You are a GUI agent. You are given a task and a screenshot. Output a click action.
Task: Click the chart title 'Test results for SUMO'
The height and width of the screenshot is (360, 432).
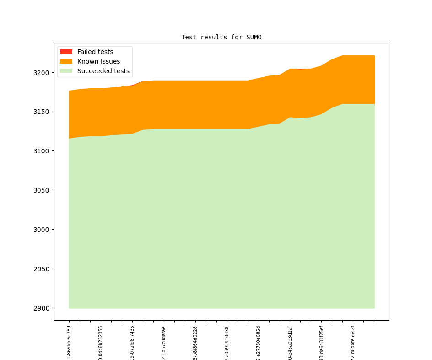[x=221, y=37]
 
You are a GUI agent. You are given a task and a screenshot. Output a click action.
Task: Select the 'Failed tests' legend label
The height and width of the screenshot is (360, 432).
[x=95, y=52]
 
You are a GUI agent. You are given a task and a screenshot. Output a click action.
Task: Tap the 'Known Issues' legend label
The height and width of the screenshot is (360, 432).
[x=98, y=62]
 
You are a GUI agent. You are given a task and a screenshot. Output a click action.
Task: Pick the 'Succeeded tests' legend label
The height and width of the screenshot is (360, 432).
[x=103, y=71]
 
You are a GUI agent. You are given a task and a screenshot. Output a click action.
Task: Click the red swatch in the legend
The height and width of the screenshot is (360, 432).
[x=66, y=52]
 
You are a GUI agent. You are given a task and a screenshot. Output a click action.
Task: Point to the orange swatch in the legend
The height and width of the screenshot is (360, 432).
[x=66, y=62]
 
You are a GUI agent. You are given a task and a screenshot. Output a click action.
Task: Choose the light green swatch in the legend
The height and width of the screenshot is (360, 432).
[x=66, y=71]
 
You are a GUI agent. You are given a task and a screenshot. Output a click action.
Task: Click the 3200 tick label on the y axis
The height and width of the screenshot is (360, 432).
[x=42, y=73]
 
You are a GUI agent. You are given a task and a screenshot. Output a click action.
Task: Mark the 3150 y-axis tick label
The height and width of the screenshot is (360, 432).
[x=42, y=112]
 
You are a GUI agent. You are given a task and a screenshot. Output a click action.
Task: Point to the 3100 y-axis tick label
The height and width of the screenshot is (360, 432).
[x=42, y=151]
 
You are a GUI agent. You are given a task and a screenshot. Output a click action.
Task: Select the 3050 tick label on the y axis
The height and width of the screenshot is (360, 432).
[x=42, y=191]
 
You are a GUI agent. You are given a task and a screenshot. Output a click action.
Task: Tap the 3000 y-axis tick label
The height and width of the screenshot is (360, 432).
[x=42, y=230]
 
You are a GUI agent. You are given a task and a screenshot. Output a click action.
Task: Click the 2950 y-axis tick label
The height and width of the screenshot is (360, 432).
[x=42, y=269]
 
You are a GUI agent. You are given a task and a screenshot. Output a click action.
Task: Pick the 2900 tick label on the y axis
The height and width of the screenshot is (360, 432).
[x=42, y=308]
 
